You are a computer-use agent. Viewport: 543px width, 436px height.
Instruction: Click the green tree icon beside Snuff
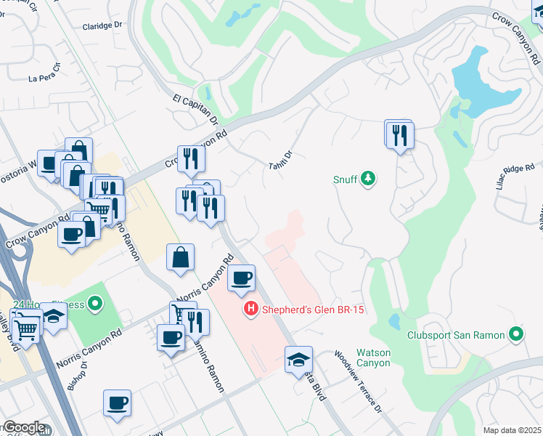tap(369, 178)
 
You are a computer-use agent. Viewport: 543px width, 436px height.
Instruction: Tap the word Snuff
tap(346, 179)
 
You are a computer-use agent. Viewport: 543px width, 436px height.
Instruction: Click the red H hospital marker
tap(250, 310)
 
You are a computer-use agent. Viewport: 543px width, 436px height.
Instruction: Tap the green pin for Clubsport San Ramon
tap(516, 334)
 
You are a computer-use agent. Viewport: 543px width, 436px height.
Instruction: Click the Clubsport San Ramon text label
tap(465, 335)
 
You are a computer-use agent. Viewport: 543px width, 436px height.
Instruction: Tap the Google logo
tap(23, 427)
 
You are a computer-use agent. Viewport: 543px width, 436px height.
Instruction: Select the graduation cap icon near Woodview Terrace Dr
tap(298, 360)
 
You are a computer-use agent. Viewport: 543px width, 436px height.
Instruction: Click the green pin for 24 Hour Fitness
tap(94, 302)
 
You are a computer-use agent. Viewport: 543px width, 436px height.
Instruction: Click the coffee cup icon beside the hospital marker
tap(241, 277)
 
